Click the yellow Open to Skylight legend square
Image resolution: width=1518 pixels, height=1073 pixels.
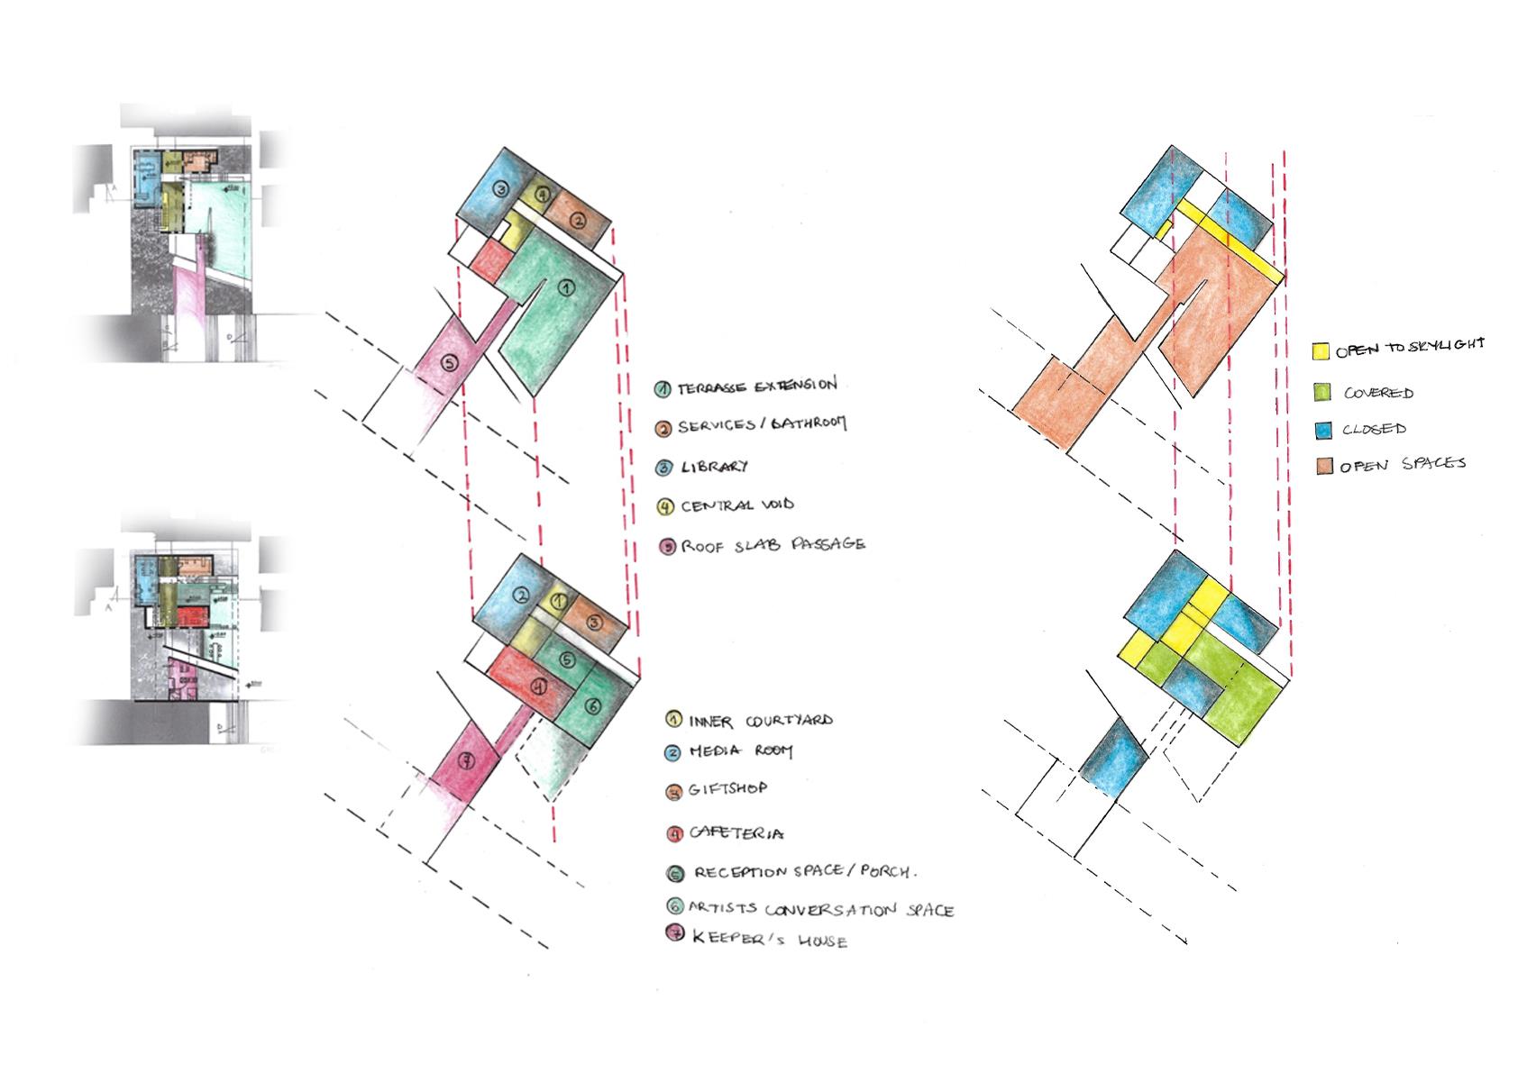click(x=1321, y=351)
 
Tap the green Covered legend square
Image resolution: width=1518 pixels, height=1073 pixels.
click(x=1322, y=392)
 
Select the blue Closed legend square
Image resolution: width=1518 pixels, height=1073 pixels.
click(x=1323, y=430)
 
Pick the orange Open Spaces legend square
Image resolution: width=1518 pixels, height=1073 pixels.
click(x=1324, y=466)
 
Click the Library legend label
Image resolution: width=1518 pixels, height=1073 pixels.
click(x=714, y=467)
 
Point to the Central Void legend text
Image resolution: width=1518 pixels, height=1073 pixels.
click(x=736, y=505)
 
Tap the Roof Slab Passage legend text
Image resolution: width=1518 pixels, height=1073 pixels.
click(x=773, y=545)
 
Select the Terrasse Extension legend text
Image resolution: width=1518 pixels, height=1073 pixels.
click(x=757, y=386)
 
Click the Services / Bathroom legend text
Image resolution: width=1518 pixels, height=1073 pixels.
click(x=762, y=424)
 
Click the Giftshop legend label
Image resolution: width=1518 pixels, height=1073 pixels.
click(x=727, y=788)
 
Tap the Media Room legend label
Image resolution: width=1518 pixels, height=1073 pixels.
click(x=740, y=750)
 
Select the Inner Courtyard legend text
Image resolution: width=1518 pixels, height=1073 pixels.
click(x=761, y=721)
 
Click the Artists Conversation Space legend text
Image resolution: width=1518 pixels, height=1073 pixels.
click(x=820, y=909)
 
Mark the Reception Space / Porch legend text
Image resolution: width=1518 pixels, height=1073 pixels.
click(x=804, y=872)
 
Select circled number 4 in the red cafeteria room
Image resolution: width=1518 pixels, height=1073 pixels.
click(x=538, y=687)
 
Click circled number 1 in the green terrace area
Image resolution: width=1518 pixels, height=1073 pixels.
click(x=566, y=287)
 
